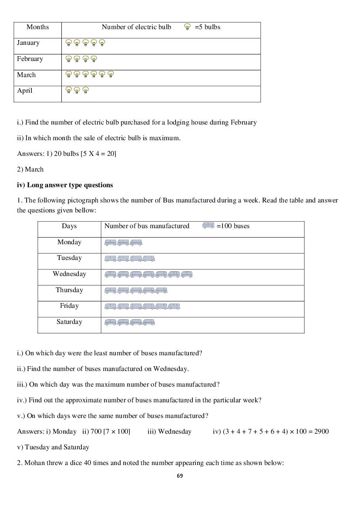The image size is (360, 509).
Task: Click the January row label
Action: click(x=28, y=43)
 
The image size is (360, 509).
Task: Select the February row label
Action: click(x=30, y=59)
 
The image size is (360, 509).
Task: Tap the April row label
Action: click(x=25, y=91)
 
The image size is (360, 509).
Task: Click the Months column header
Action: click(x=37, y=27)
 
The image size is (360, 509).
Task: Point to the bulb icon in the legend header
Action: click(x=188, y=27)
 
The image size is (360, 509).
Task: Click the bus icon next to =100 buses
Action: click(x=209, y=226)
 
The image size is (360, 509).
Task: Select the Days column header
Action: click(x=69, y=226)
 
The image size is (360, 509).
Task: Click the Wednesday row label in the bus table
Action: click(x=69, y=274)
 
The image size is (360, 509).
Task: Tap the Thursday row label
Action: click(x=69, y=290)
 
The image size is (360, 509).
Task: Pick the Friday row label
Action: click(x=69, y=306)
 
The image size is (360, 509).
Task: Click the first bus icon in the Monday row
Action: click(x=111, y=243)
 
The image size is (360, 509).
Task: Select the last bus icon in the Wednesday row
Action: click(x=187, y=274)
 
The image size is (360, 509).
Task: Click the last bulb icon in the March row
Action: click(x=111, y=74)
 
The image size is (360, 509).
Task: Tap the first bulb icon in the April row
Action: click(x=68, y=91)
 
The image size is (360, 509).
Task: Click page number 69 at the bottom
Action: click(x=180, y=476)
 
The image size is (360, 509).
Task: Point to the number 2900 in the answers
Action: click(x=320, y=431)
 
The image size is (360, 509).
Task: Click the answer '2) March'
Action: click(x=30, y=169)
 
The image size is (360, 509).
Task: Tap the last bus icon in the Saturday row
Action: click(x=149, y=322)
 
